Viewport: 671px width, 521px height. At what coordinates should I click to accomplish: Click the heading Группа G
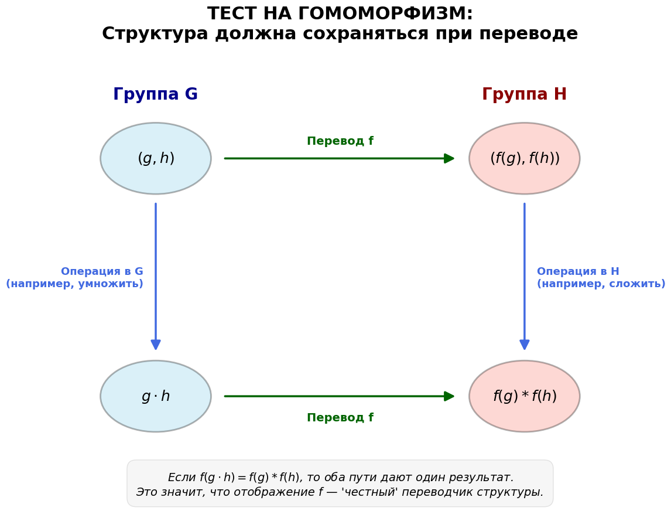pos(155,95)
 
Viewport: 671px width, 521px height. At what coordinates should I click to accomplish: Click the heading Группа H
pos(524,95)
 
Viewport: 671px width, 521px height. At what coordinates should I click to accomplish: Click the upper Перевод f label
pos(340,141)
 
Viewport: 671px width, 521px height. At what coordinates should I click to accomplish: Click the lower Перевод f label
pos(340,418)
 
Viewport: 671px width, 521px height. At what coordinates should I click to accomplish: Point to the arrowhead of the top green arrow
pos(450,158)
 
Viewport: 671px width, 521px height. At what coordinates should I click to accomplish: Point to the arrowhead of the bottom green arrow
pos(450,396)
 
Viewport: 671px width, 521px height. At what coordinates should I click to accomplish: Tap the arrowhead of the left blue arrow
pos(156,345)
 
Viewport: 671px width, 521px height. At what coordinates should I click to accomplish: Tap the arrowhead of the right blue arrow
pos(525,345)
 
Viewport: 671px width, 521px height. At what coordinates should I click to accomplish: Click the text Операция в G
pos(102,271)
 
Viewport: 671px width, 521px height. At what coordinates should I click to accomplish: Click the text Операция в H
pos(578,271)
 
